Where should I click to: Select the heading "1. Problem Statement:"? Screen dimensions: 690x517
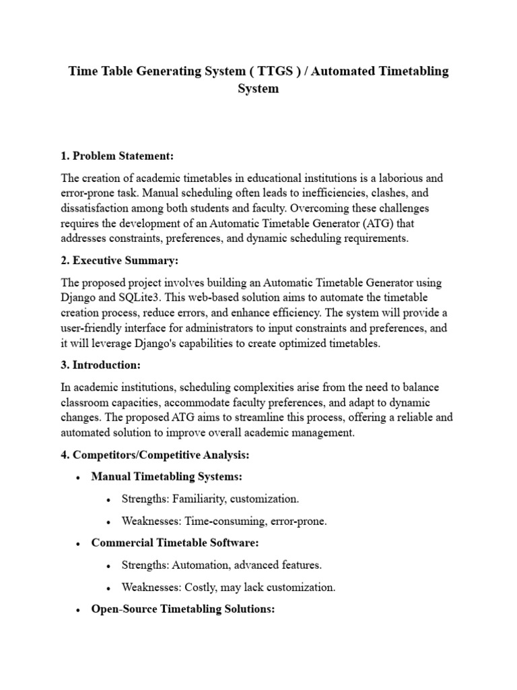[x=117, y=156]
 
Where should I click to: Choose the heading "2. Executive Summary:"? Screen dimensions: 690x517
[x=120, y=261]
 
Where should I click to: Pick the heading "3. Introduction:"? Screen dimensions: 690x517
[x=100, y=365]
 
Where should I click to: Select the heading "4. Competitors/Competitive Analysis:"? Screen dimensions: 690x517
[x=155, y=456]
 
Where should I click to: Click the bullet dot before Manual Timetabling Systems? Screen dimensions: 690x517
[x=79, y=477]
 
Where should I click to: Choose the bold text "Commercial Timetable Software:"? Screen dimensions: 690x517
[x=175, y=543]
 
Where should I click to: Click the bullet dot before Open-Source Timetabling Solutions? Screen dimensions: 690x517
[x=79, y=610]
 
